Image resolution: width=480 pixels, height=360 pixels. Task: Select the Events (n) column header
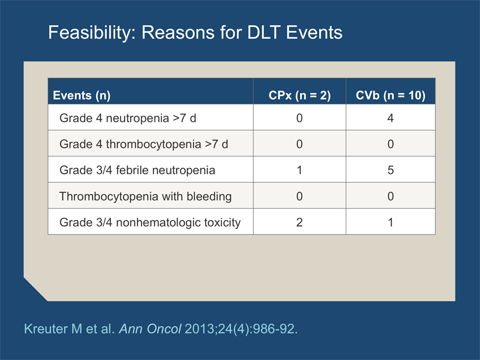point(82,95)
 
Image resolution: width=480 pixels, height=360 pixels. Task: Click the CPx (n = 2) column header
point(299,95)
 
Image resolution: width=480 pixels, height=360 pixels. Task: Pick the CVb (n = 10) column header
point(391,95)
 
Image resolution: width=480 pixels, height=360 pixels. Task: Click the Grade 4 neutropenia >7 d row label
point(128,118)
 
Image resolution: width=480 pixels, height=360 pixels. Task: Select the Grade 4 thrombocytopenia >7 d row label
point(143,144)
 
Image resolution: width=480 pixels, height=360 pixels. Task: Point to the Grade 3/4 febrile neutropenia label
point(137,170)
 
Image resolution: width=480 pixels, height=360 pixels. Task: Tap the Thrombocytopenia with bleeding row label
point(145,196)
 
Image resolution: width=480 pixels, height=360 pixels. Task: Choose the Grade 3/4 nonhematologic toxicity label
point(150,223)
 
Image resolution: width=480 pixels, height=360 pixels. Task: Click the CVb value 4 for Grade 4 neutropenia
point(391,118)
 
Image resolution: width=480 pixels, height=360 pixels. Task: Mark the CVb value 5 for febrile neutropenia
point(391,170)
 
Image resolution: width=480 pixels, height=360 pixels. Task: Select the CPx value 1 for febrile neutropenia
point(299,170)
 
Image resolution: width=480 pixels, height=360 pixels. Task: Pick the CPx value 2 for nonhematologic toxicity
point(299,222)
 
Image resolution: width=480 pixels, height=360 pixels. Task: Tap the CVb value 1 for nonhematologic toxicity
point(391,222)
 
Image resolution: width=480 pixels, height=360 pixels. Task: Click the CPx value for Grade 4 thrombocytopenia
point(299,144)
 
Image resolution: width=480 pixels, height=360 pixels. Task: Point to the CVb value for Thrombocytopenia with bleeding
point(391,196)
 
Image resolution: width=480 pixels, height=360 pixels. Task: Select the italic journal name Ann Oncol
point(150,329)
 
